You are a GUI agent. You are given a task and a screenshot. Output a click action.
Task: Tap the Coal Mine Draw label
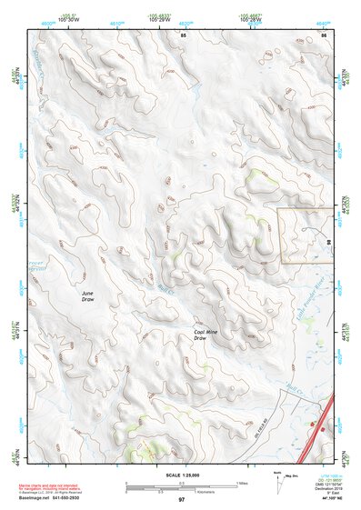pyautogui.click(x=206, y=335)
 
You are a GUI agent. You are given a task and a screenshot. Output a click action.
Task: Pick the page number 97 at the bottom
pyautogui.click(x=181, y=500)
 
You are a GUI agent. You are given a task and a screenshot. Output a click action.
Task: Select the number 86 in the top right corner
pyautogui.click(x=324, y=34)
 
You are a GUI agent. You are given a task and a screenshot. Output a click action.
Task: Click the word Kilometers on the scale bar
pyautogui.click(x=181, y=494)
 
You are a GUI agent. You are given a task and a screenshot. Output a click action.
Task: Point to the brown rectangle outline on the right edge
pyautogui.click(x=306, y=235)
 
